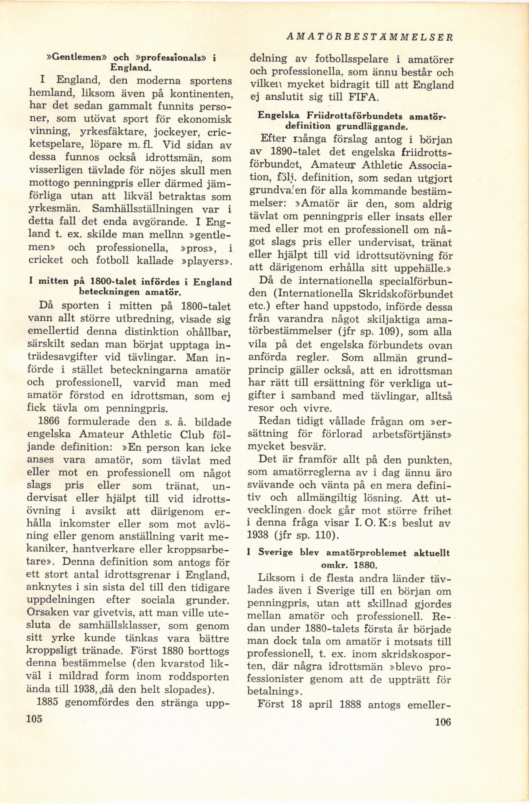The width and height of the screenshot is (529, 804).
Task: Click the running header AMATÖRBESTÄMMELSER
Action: (369, 37)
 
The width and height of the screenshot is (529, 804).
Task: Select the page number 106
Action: (443, 722)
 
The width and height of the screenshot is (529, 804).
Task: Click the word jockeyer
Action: (176, 133)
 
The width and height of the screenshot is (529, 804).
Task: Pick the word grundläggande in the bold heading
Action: (368, 127)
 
